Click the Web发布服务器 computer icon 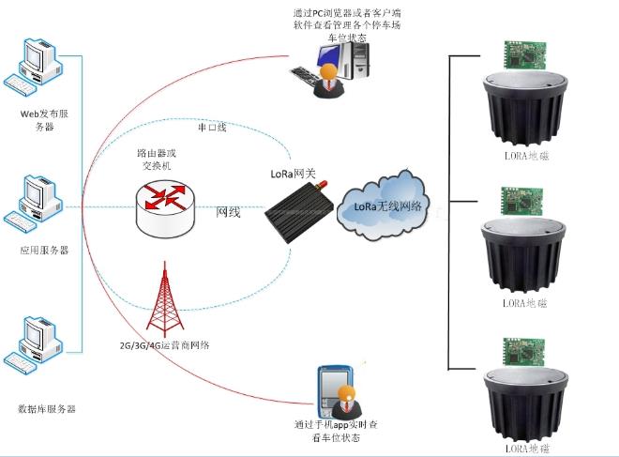35,69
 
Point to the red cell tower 167,297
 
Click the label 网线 228,212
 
